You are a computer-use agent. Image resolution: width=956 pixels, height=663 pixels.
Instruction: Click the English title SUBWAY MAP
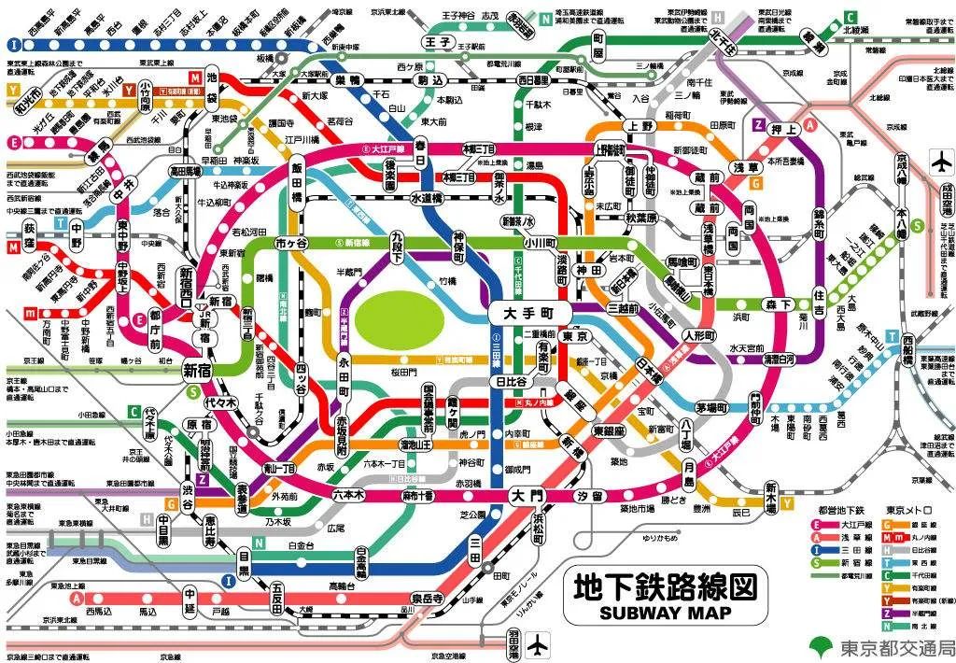663,613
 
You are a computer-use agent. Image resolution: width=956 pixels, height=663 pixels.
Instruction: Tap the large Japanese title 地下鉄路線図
663,587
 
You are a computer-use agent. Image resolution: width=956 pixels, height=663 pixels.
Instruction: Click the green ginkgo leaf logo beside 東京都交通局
821,646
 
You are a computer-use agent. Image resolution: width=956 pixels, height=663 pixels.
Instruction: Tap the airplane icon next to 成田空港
940,162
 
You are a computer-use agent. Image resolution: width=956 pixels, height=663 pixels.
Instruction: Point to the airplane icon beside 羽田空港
539,644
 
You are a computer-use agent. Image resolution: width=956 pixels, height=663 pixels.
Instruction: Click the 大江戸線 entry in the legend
839,525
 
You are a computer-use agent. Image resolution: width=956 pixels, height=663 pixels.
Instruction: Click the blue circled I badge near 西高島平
13,44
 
